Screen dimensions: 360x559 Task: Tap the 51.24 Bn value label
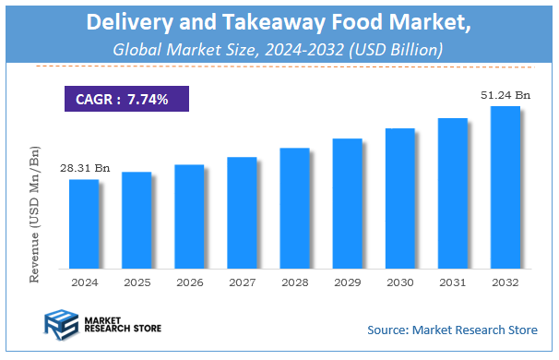click(x=505, y=95)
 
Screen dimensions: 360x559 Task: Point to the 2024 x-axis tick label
click(x=83, y=282)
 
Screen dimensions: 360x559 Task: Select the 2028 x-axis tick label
click(x=294, y=282)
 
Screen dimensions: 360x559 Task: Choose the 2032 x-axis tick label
click(x=505, y=282)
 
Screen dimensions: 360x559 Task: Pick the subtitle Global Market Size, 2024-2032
click(x=279, y=48)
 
